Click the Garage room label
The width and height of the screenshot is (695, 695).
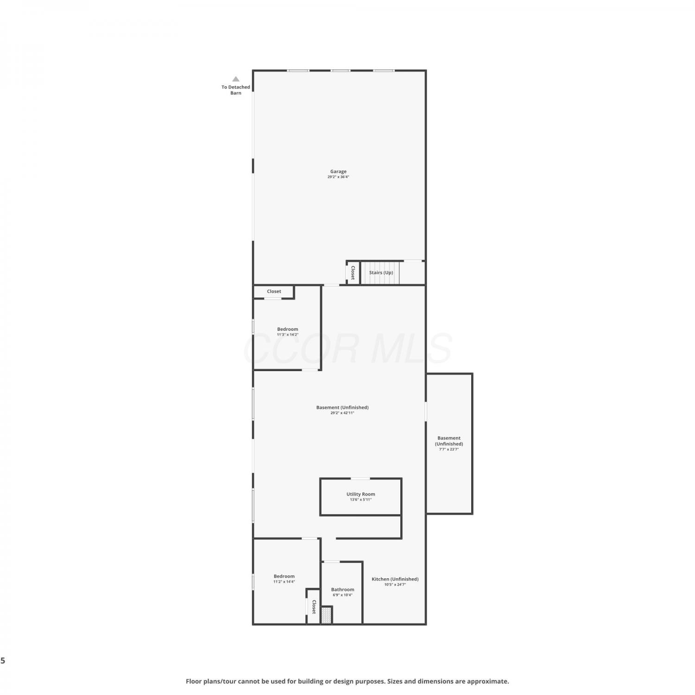coord(338,171)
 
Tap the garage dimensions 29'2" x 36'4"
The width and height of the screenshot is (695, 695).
coord(338,177)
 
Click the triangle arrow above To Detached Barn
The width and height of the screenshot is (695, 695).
coord(236,79)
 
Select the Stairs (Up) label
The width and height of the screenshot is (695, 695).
coord(381,272)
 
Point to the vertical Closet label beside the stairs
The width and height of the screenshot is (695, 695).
coord(353,272)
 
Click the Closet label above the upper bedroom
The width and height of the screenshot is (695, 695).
coord(274,291)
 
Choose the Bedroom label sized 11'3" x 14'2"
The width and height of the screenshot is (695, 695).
coord(288,329)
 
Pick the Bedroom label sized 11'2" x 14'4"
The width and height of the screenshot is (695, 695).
coord(284,576)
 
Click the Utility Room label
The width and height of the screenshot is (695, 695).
coord(361,494)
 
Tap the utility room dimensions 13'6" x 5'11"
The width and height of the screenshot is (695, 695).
coord(361,500)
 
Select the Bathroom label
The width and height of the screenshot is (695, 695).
coord(343,590)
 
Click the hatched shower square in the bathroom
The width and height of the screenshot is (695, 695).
coord(327,615)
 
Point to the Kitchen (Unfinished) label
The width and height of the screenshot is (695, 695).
coord(395,579)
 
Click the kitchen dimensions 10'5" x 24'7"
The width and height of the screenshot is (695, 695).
coord(395,585)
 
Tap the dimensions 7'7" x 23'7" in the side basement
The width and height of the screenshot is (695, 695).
coord(449,449)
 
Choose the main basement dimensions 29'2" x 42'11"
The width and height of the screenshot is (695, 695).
coord(342,413)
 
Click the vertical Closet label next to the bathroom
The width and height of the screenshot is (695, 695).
coord(314,607)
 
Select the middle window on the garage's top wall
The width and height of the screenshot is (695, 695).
coord(341,70)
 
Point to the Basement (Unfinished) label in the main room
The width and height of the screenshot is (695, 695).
coord(342,408)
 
